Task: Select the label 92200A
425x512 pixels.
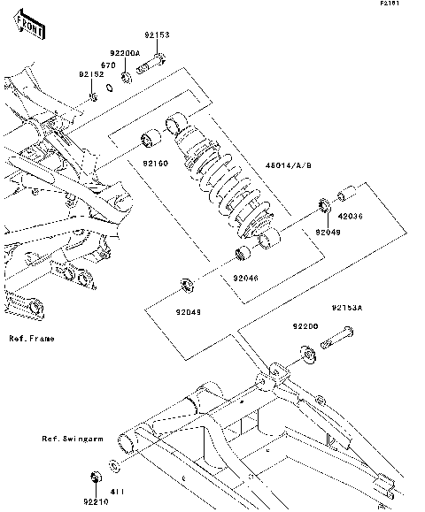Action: pos(125,53)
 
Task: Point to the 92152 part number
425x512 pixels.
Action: pos(91,74)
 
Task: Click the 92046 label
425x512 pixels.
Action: pos(246,278)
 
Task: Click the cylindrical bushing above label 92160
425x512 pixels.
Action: pos(151,138)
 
